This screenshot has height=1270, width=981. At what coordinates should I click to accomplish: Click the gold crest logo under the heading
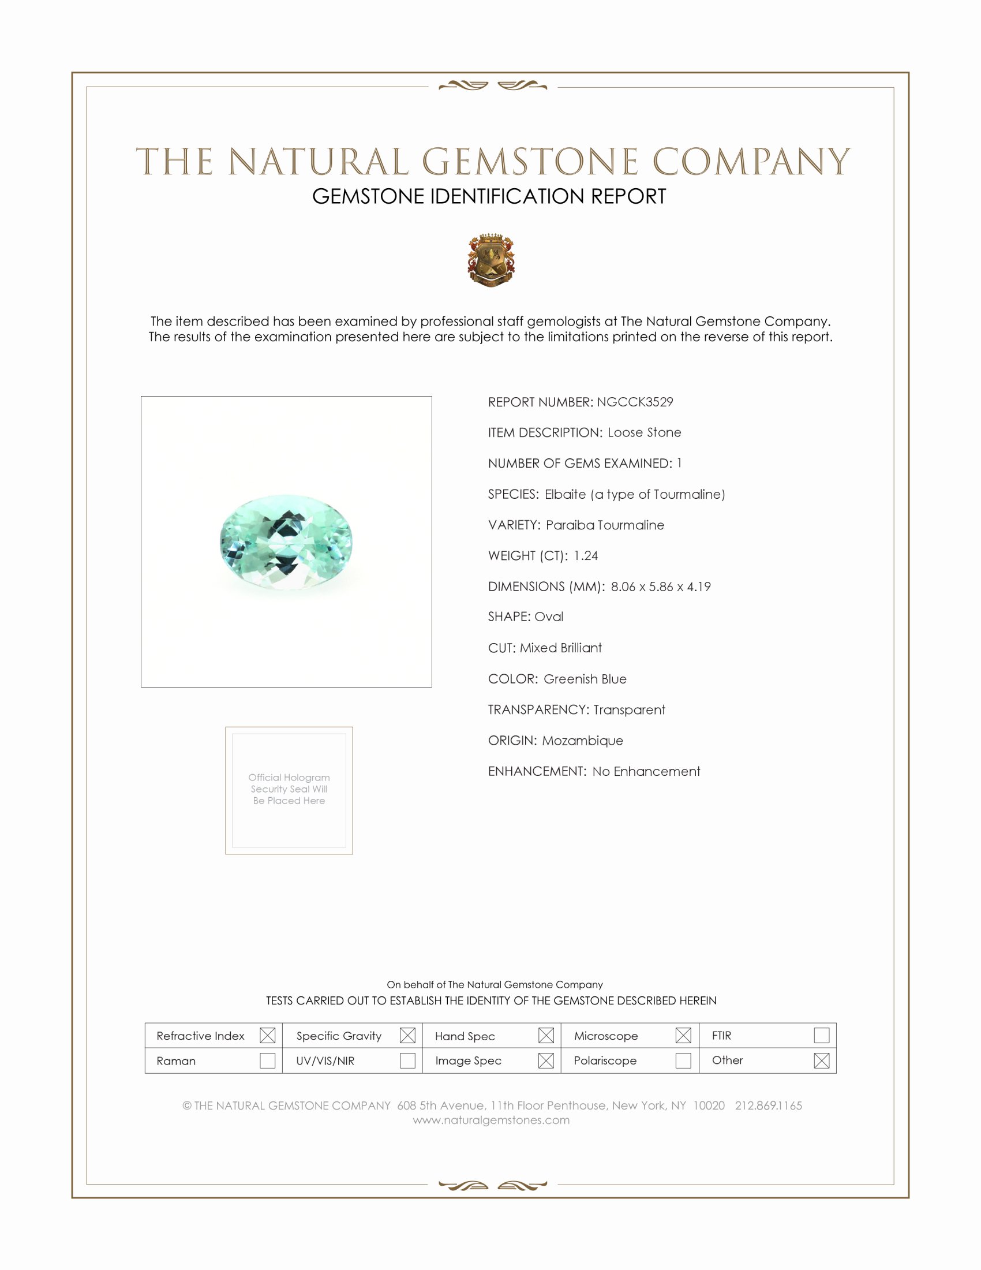click(x=491, y=260)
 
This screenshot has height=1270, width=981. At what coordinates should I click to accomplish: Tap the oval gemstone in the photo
click(x=286, y=541)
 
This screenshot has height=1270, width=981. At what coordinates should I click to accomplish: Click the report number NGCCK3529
click(x=635, y=402)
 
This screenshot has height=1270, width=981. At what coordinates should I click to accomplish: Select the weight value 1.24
click(x=585, y=555)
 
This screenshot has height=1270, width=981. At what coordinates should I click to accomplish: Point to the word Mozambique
click(x=582, y=740)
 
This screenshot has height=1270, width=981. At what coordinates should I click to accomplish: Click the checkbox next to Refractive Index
click(x=267, y=1035)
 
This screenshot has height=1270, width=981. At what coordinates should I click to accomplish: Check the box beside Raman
click(x=267, y=1060)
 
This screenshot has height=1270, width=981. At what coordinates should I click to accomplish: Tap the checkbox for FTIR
click(x=821, y=1035)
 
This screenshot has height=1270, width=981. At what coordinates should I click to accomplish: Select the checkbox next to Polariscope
click(x=683, y=1060)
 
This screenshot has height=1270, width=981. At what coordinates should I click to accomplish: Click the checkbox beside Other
click(x=821, y=1060)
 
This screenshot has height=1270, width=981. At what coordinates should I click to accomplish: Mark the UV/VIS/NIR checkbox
click(x=407, y=1060)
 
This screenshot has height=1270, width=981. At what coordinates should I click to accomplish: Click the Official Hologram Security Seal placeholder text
click(x=289, y=789)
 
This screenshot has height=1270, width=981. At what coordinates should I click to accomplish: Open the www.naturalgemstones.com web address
click(x=491, y=1120)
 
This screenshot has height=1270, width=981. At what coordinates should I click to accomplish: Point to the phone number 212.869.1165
click(x=768, y=1105)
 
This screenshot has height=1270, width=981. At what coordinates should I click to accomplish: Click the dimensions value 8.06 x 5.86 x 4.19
click(x=660, y=587)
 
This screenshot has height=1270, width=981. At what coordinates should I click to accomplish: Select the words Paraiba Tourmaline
click(x=604, y=525)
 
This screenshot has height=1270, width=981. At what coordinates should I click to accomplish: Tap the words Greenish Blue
click(x=585, y=679)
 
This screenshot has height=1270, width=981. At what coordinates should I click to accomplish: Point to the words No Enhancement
click(x=646, y=771)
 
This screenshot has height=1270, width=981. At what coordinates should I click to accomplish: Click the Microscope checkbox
click(x=683, y=1035)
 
